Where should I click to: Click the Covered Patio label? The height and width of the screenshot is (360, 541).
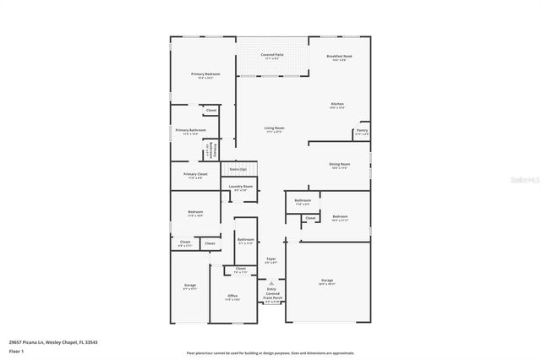click(x=272, y=54)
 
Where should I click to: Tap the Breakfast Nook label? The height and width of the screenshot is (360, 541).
click(x=339, y=56)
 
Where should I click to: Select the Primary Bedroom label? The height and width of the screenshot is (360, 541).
click(x=205, y=74)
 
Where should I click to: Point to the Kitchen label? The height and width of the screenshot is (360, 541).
click(x=336, y=104)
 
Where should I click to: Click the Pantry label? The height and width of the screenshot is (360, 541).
click(x=362, y=130)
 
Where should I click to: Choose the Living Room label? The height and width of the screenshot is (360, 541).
click(x=274, y=128)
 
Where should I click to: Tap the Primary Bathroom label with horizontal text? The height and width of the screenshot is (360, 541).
click(x=191, y=130)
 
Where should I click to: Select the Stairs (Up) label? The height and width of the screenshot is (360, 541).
click(x=238, y=169)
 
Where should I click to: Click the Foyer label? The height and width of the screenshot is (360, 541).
click(x=270, y=259)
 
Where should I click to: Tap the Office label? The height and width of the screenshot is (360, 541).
click(x=232, y=296)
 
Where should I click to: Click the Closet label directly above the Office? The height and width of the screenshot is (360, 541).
click(x=241, y=269)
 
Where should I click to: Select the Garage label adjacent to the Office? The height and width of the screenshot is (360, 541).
click(x=190, y=286)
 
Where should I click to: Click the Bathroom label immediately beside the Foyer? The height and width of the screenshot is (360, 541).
click(x=246, y=240)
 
